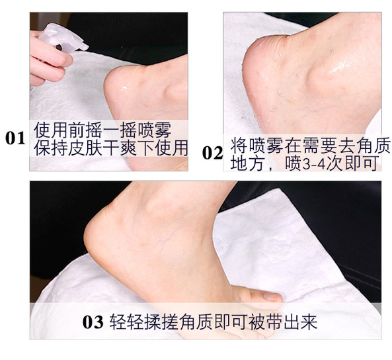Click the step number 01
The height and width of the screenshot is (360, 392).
15,138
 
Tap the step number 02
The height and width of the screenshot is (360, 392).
212,153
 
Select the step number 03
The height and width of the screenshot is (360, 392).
93,322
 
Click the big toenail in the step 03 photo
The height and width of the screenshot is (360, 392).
272,296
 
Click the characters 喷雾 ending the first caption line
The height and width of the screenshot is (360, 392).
155,130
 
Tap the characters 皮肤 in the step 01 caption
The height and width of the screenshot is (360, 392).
85,148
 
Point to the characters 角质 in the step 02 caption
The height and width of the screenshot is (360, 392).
373,145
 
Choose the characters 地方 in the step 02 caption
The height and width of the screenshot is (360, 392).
247,163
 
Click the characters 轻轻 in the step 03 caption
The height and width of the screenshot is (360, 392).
126,322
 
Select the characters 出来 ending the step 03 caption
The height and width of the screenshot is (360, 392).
301,322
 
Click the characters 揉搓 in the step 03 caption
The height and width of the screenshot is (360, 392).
161,322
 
